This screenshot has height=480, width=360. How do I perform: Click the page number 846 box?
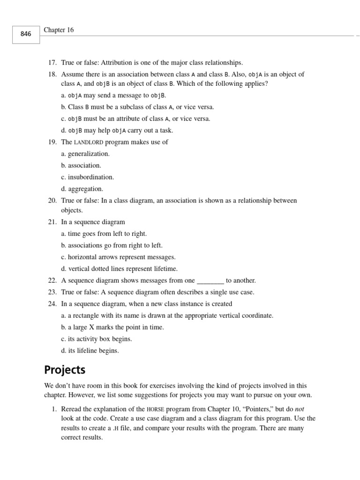[x=26, y=34]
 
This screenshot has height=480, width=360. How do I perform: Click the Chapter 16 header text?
[x=59, y=30]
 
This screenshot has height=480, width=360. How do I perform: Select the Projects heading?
[x=65, y=370]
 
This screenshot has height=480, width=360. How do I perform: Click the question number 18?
[x=52, y=74]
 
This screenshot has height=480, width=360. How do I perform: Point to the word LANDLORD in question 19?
[x=88, y=142]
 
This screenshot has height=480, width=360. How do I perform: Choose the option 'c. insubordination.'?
[x=87, y=177]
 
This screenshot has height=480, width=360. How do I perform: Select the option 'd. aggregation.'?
[x=82, y=189]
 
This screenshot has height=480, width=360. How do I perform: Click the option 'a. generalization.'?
[x=85, y=154]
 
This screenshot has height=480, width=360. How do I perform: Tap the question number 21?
[x=52, y=222]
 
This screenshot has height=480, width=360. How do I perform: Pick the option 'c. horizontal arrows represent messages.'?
[x=118, y=257]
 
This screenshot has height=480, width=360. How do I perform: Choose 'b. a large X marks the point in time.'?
[x=112, y=327]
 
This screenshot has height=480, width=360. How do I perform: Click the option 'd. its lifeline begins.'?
[x=90, y=351]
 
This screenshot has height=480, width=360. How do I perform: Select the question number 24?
[x=52, y=304]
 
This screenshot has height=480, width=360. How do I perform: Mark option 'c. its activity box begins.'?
[x=96, y=339]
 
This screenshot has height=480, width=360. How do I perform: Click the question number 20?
[x=52, y=201]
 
